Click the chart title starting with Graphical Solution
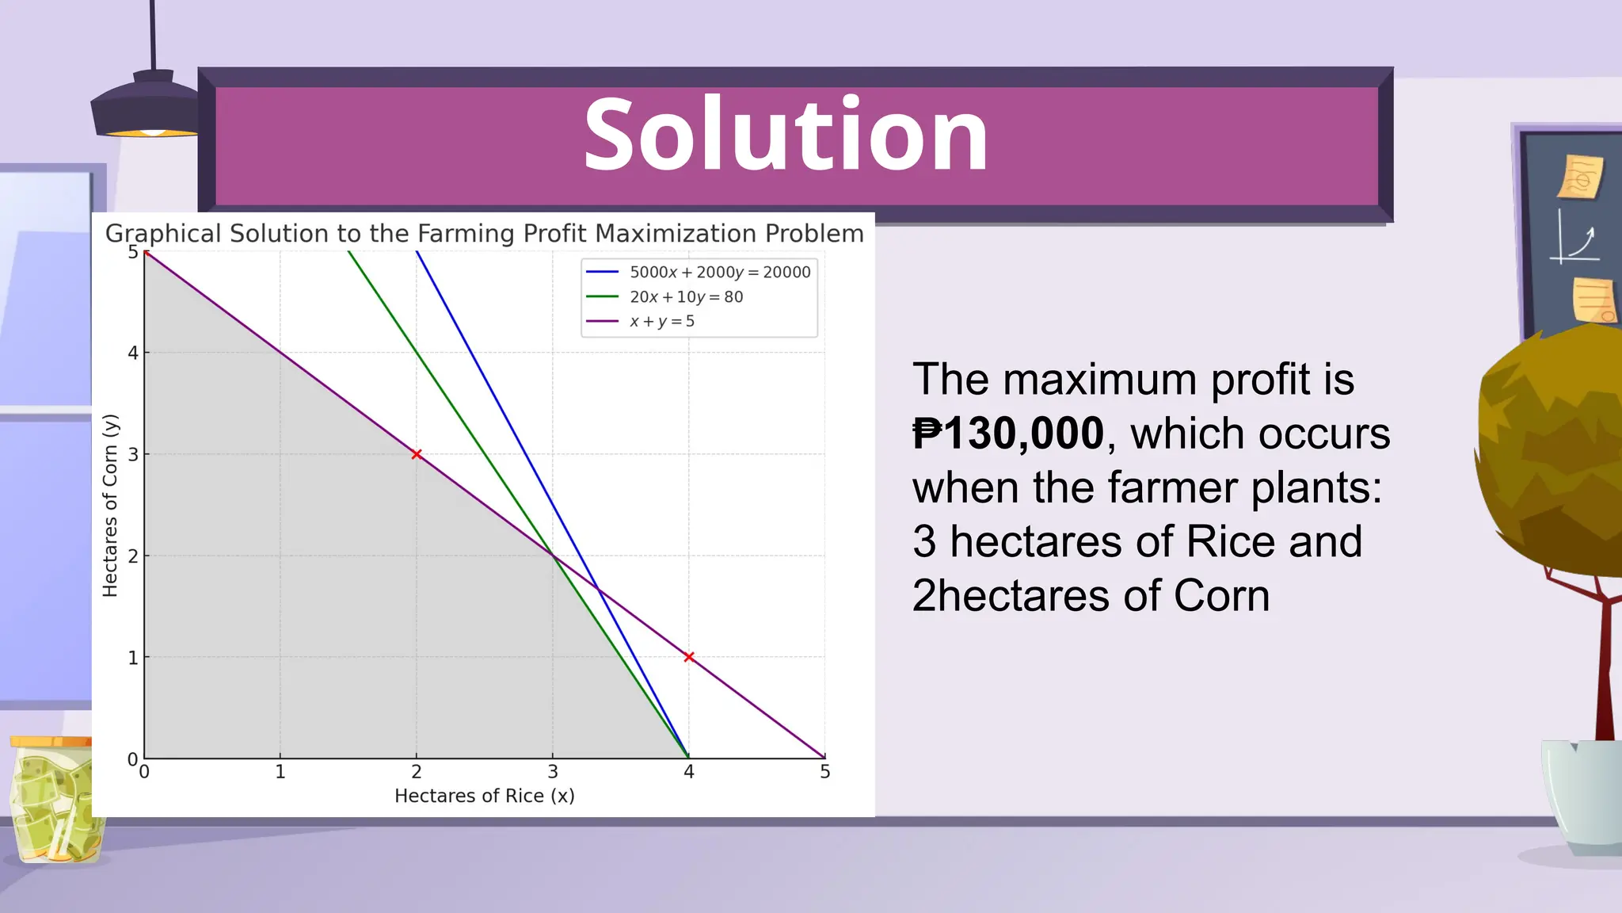point(484,234)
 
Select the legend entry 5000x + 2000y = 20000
point(719,272)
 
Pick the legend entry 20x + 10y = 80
point(686,297)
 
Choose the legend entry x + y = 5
point(661,321)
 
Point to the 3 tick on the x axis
point(553,771)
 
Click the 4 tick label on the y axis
point(133,353)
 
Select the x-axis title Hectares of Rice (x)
point(484,796)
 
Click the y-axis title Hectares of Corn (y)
point(110,505)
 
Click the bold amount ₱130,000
point(1007,434)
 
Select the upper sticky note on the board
point(1581,176)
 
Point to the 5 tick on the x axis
point(824,771)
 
